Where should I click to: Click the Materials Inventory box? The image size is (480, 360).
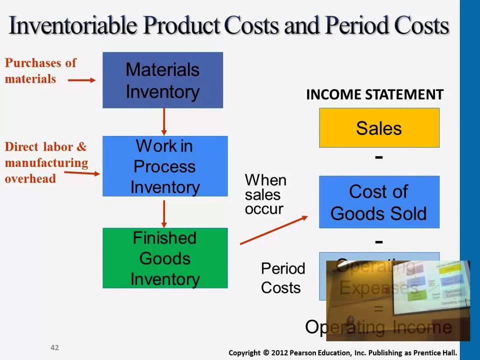[x=162, y=80]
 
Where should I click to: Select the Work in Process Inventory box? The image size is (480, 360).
[x=165, y=166]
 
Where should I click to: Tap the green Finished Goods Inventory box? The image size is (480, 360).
[x=165, y=258]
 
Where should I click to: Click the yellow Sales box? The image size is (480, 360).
[x=379, y=128]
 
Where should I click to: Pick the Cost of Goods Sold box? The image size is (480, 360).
[x=379, y=202]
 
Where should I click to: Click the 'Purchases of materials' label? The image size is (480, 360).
[x=40, y=70]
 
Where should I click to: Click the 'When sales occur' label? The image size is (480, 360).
[x=265, y=194]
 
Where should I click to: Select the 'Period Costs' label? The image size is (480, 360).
[x=282, y=278]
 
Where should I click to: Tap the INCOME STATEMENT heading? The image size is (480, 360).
[x=374, y=94]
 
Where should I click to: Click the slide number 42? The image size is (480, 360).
[x=54, y=347]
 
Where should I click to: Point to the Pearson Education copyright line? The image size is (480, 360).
[x=342, y=352]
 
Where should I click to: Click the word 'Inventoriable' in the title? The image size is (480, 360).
[x=72, y=25]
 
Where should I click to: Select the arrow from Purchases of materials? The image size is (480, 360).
[x=81, y=79]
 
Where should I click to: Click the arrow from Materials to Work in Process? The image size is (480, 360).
[x=163, y=121]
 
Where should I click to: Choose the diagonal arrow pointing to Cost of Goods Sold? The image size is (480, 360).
[x=273, y=230]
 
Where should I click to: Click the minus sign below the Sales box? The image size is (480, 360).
[x=379, y=157]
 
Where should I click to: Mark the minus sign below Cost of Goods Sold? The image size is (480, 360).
[x=379, y=241]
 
